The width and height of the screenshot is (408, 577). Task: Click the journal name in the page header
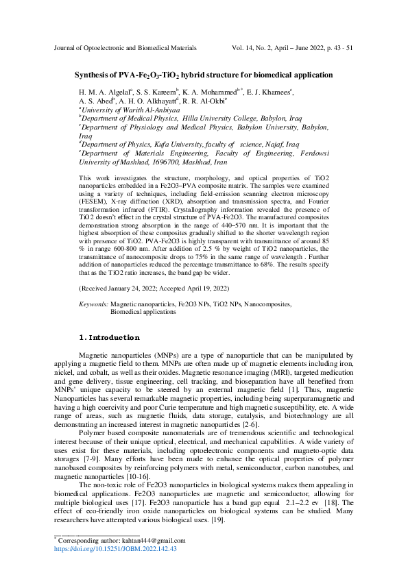pyautogui.click(x=125, y=49)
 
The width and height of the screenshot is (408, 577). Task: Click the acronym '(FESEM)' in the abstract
pyautogui.click(x=95, y=204)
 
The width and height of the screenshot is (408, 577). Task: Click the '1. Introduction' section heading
pyautogui.click(x=110, y=337)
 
